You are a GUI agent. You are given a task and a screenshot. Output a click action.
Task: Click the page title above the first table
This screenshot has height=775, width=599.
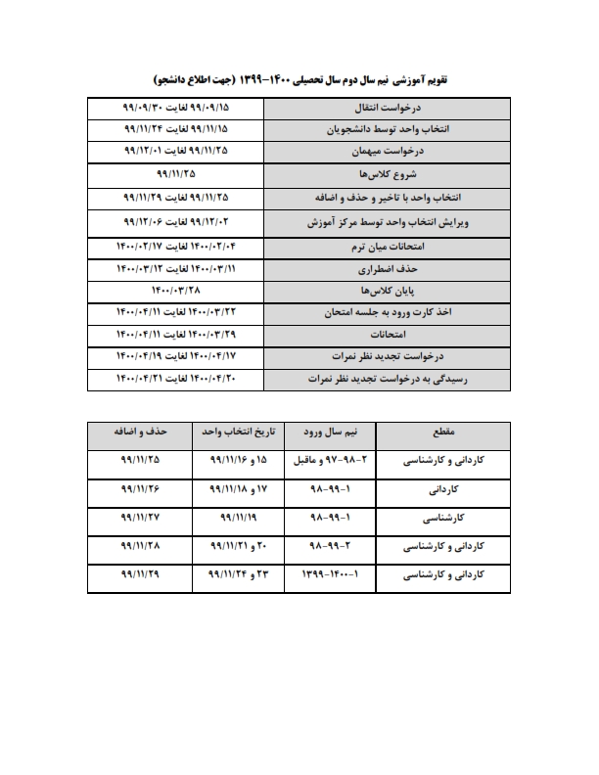pyautogui.click(x=300, y=76)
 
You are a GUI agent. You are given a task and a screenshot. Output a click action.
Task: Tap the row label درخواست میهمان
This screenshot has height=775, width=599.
pyautogui.click(x=389, y=153)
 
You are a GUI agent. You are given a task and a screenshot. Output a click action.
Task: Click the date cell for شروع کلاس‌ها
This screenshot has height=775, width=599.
pyautogui.click(x=176, y=175)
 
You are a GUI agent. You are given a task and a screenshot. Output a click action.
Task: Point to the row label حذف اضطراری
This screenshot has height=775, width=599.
pyautogui.click(x=389, y=267)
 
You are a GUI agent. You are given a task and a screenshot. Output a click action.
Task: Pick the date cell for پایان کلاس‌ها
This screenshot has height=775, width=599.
pyautogui.click(x=176, y=291)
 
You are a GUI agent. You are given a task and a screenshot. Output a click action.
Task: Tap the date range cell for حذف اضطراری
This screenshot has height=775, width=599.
pyautogui.click(x=176, y=267)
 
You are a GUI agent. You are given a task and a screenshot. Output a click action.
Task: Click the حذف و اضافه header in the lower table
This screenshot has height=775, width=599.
pyautogui.click(x=143, y=432)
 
